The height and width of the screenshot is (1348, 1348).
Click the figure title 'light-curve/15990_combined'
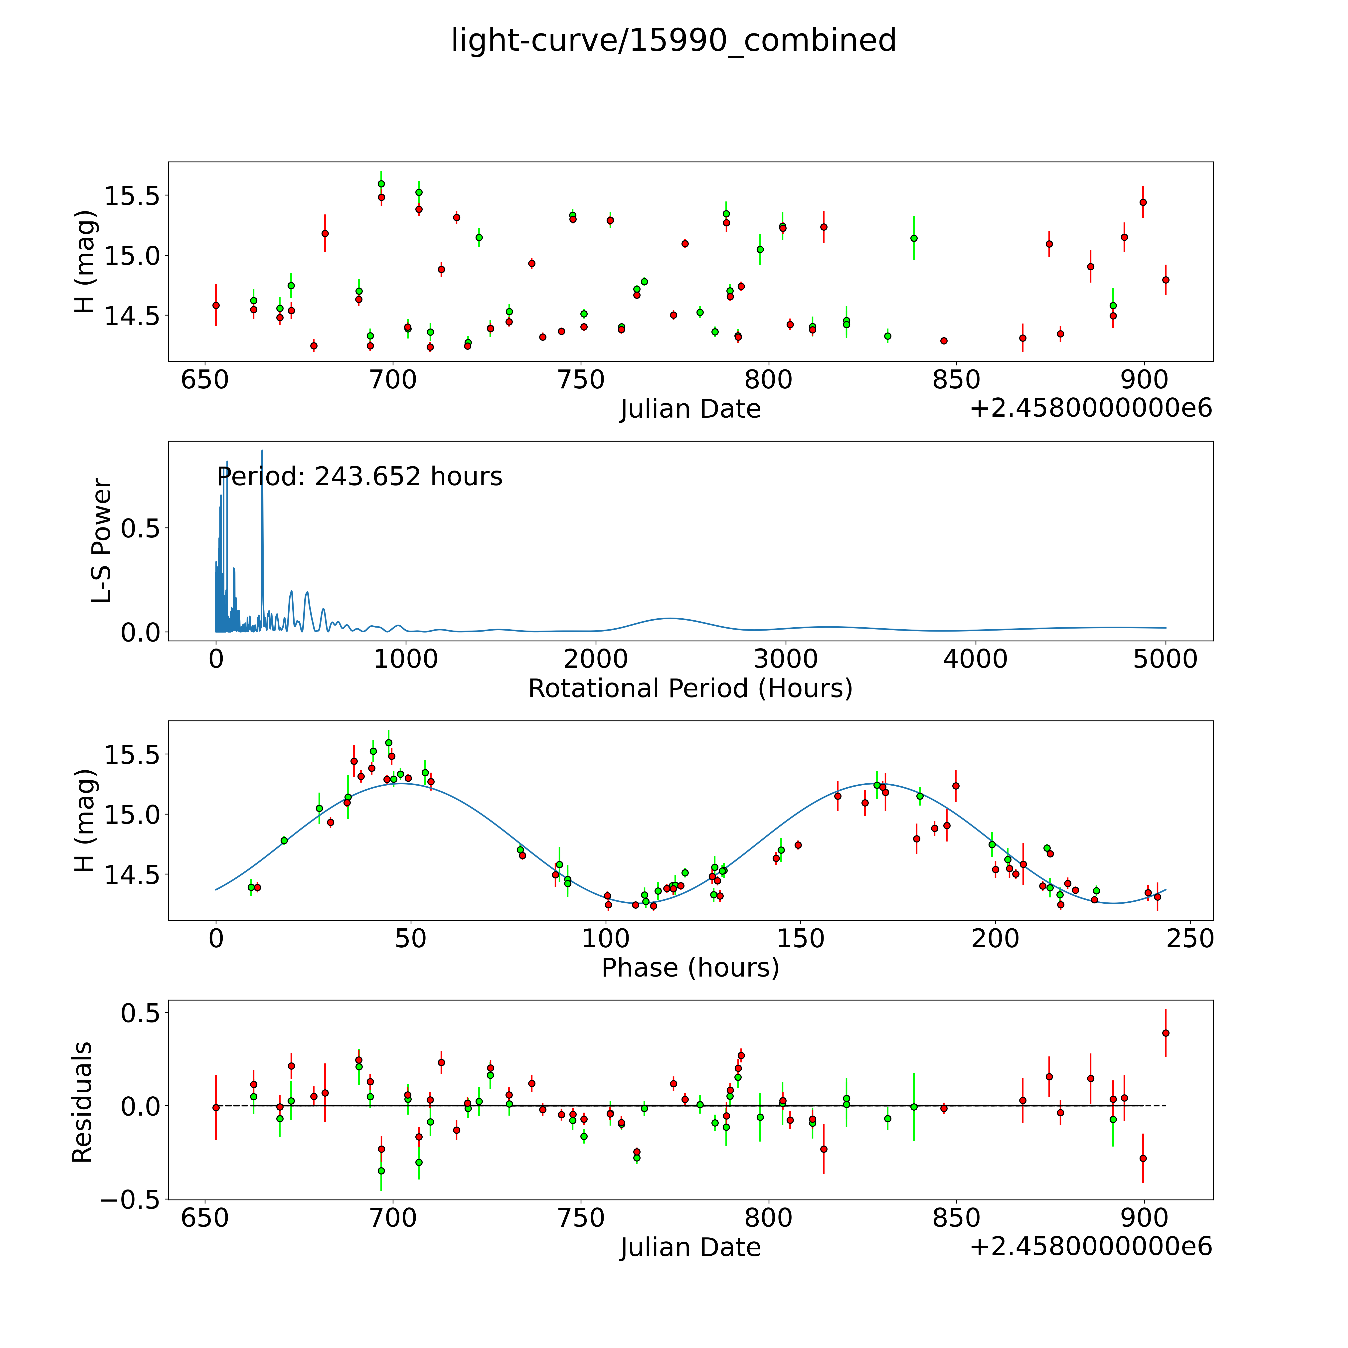point(673,40)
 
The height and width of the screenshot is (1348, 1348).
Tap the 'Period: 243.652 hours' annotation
point(359,477)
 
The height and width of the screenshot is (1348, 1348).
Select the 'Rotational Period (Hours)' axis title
point(690,689)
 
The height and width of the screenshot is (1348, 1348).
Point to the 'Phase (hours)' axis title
point(690,968)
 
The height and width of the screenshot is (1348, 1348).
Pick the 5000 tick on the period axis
point(1165,659)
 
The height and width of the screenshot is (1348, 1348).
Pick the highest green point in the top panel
point(381,183)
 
